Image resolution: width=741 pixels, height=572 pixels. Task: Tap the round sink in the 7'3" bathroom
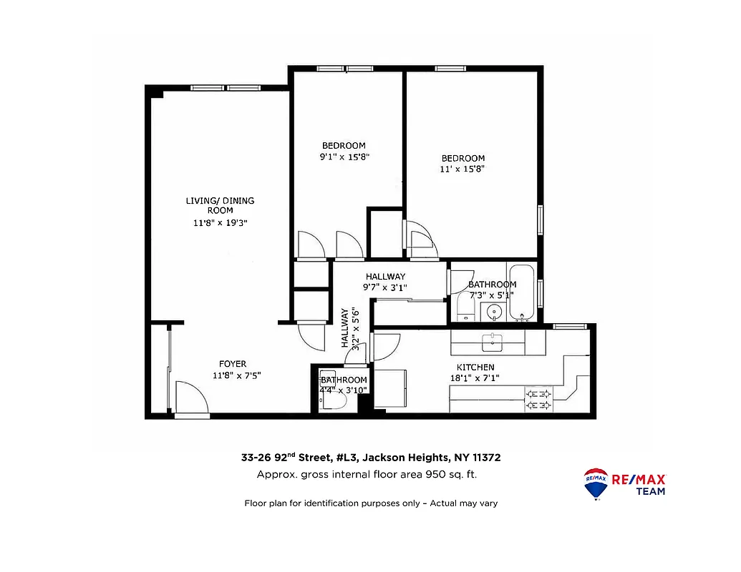(493, 312)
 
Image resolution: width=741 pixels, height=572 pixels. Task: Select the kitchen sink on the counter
(493, 342)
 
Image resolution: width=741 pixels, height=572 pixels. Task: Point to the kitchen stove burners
(538, 400)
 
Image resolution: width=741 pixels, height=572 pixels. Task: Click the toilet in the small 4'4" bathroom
(334, 402)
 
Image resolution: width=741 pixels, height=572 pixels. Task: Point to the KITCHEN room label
(475, 368)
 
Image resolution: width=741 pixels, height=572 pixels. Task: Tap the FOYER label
(233, 364)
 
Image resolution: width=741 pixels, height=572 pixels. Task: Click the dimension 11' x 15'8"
(462, 169)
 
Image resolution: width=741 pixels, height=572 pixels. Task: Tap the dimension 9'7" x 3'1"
(385, 287)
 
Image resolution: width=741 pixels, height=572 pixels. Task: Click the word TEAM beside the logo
(649, 491)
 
